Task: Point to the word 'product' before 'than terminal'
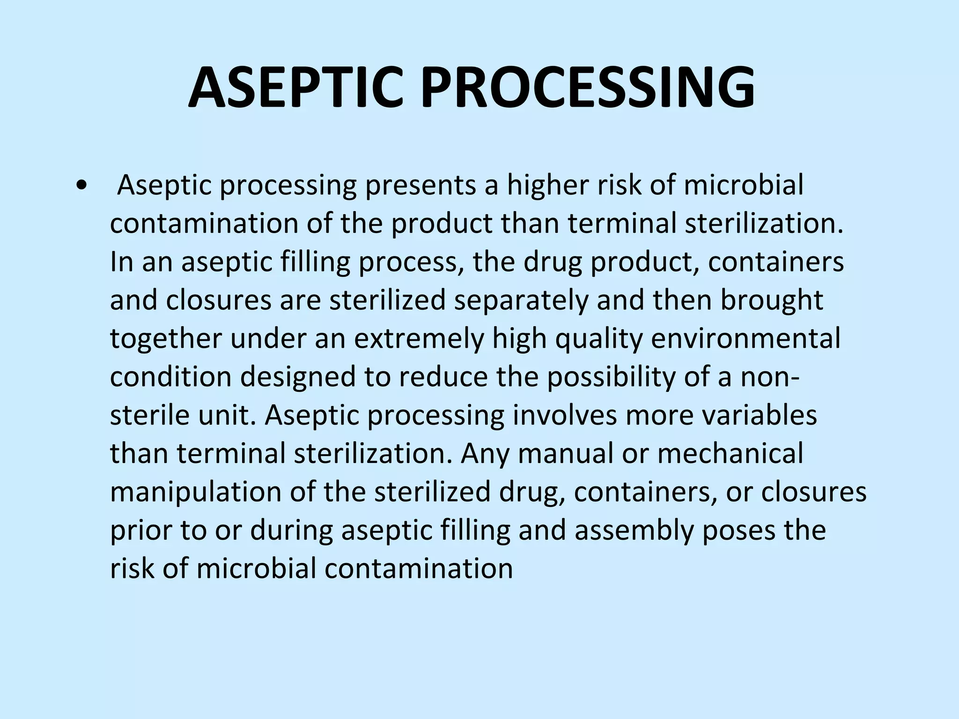coord(442,224)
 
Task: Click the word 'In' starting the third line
coord(122,262)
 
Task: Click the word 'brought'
coord(771,301)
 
